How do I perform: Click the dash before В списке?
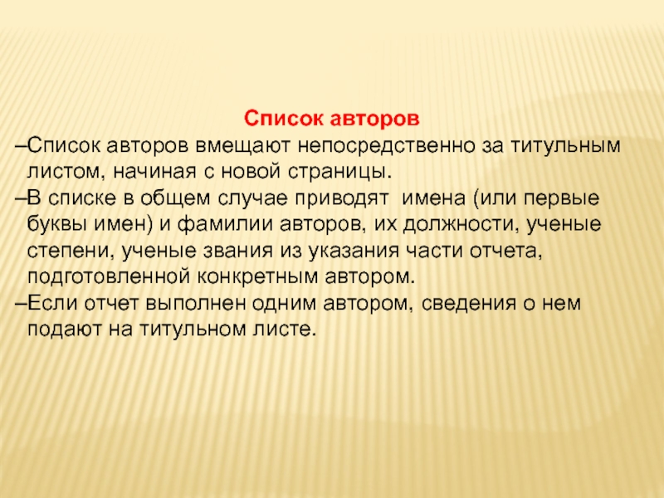click(x=22, y=199)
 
